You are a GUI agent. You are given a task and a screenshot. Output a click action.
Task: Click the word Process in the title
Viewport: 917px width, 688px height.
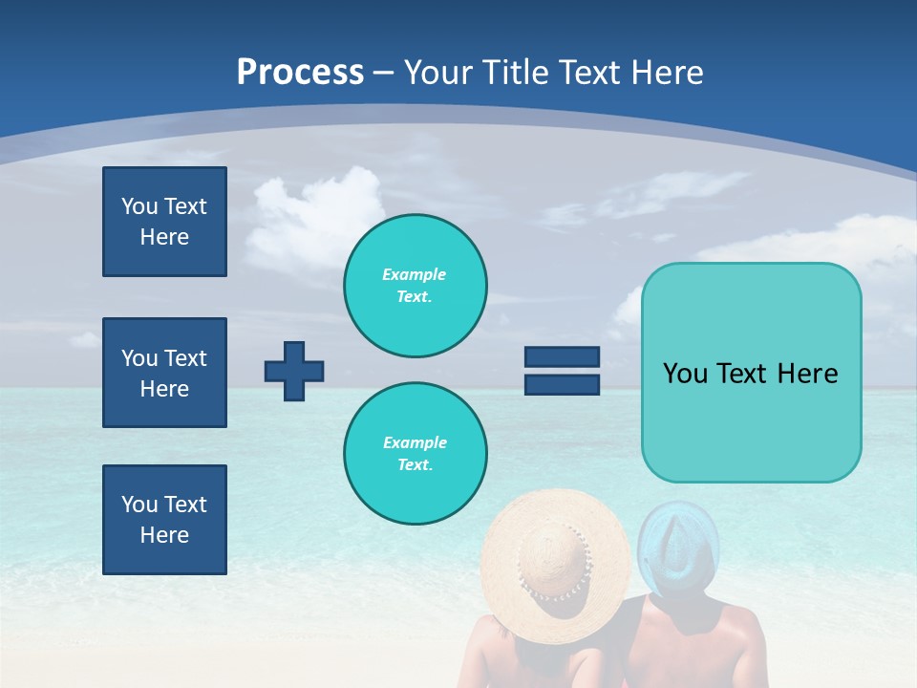pyautogui.click(x=300, y=73)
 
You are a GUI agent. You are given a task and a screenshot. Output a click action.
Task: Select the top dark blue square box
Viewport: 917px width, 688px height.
pyautogui.click(x=164, y=222)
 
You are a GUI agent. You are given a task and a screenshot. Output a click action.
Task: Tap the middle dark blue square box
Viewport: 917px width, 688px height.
pyautogui.click(x=164, y=373)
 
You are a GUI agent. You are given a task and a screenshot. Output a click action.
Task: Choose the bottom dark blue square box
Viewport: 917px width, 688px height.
pyautogui.click(x=164, y=520)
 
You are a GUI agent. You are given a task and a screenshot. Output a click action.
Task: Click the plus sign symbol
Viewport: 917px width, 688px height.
pyautogui.click(x=294, y=371)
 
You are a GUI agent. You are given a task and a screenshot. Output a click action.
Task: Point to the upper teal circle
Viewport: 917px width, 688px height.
pyautogui.click(x=415, y=286)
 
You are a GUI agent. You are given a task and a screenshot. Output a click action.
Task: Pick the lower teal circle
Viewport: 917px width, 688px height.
pyautogui.click(x=415, y=454)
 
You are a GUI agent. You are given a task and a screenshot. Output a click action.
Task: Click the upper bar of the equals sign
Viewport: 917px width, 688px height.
pyautogui.click(x=562, y=357)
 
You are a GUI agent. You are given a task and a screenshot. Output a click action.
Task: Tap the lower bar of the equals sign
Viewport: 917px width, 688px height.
pyautogui.click(x=562, y=385)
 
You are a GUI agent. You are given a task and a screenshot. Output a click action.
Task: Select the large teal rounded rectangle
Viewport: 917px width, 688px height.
pyautogui.click(x=751, y=372)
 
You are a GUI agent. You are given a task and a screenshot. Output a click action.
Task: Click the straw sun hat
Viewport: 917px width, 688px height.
pyautogui.click(x=555, y=555)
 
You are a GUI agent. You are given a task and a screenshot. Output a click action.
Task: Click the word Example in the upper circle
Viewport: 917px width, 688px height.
pyautogui.click(x=414, y=274)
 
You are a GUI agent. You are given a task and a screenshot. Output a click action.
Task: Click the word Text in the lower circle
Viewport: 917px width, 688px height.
pyautogui.click(x=414, y=464)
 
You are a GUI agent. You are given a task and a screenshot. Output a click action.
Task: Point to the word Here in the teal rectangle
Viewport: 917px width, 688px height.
pyautogui.click(x=808, y=374)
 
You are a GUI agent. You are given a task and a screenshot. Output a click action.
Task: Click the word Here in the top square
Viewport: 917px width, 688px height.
pyautogui.click(x=164, y=237)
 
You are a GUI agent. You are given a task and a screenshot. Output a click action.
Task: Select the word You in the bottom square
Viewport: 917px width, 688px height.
pyautogui.click(x=139, y=505)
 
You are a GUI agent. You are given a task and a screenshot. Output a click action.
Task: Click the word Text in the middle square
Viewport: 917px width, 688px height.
pyautogui.click(x=185, y=358)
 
